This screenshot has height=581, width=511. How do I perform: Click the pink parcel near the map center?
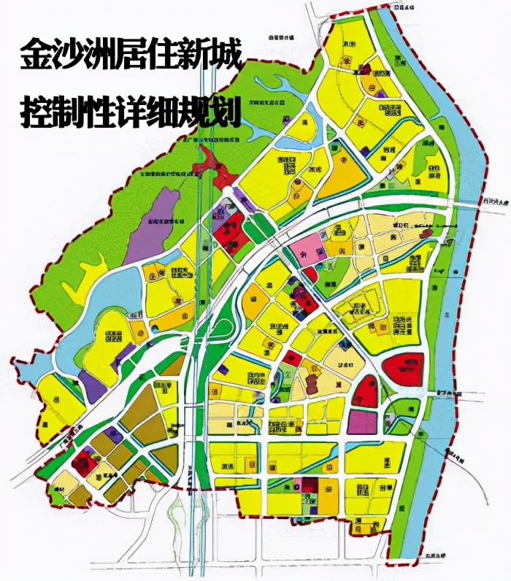coord(310,249)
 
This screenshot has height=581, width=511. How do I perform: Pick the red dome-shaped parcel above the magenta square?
coord(365,390)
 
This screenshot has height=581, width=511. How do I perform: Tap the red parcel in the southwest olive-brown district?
coord(84,461)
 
